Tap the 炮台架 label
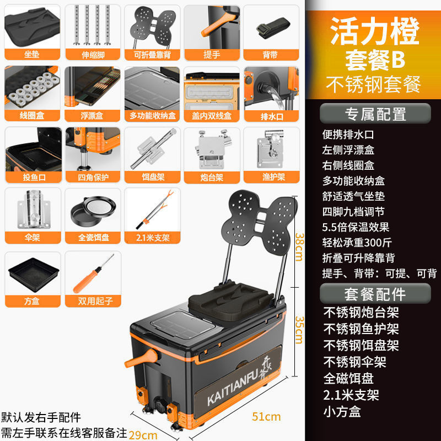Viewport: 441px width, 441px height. click(211, 176)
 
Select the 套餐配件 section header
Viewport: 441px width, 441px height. click(375, 293)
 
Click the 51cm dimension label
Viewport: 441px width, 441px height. click(267, 416)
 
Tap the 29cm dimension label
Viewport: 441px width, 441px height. click(142, 434)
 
